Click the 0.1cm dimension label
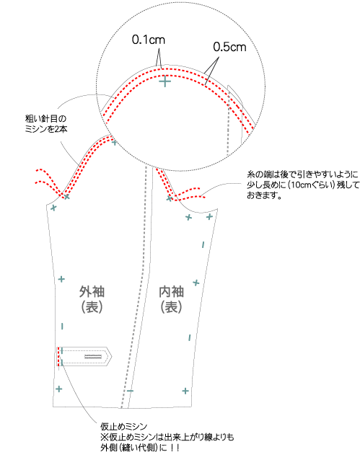(149, 40)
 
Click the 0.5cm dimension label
(229, 47)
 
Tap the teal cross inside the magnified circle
(165, 81)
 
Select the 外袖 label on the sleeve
(92, 292)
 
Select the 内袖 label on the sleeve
(172, 292)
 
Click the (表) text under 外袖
(92, 307)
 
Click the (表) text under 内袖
(172, 307)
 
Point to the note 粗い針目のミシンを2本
(46, 124)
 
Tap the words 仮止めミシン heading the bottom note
(124, 427)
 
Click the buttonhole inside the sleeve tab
(93, 357)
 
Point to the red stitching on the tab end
(58, 356)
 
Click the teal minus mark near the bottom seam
(130, 391)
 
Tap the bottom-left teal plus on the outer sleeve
(59, 389)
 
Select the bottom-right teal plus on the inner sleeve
(185, 391)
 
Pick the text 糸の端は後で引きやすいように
(302, 174)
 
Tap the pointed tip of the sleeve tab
(111, 357)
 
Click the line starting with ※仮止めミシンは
(167, 438)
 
